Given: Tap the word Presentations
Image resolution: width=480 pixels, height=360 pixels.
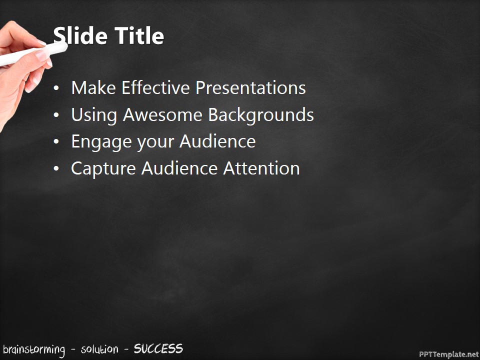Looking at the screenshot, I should tap(250, 88).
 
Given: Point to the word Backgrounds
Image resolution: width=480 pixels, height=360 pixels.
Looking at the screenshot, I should tap(261, 115).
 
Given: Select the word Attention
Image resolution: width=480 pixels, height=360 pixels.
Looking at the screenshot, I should tap(261, 168).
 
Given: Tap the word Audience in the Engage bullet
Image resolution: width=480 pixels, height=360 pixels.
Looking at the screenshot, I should tap(217, 142).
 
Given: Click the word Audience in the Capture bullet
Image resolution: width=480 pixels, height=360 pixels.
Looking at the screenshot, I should tap(179, 168).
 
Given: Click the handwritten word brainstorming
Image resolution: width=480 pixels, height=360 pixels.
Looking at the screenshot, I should tap(33, 349).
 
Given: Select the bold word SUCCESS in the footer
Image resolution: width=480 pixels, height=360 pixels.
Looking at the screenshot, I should tap(158, 348).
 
